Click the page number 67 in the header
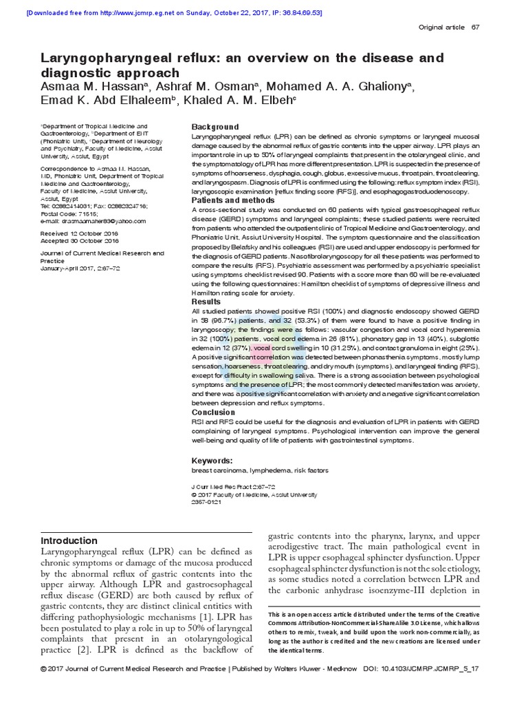pyautogui.click(x=475, y=27)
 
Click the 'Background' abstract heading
pyautogui.click(x=215, y=127)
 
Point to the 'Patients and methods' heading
pyautogui.click(x=234, y=200)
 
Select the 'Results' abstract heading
pyautogui.click(x=206, y=302)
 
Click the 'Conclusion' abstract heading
pyautogui.click(x=213, y=412)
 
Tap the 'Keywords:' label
pyautogui.click(x=212, y=461)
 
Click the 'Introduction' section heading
pyautogui.click(x=69, y=540)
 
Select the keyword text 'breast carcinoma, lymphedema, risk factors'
pyautogui.click(x=250, y=470)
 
